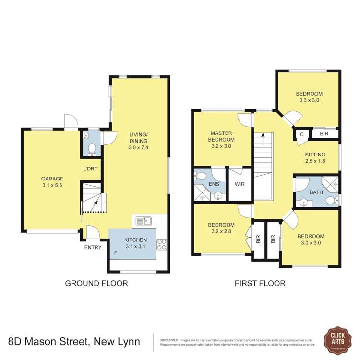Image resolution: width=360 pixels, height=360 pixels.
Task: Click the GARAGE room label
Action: tap(52, 179)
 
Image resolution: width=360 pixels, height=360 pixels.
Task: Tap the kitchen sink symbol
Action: tap(144, 221)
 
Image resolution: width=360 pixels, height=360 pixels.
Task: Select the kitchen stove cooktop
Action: tap(162, 244)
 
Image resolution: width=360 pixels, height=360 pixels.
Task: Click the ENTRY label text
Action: tap(93, 248)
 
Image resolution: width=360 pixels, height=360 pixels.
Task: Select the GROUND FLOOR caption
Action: tap(96, 283)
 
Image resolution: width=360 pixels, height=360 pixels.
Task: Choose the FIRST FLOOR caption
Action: tap(260, 283)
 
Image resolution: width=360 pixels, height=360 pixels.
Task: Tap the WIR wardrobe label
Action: tap(240, 184)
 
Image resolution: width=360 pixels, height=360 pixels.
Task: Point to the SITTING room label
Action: tap(315, 154)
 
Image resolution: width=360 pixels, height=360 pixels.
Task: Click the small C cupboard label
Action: tap(301, 134)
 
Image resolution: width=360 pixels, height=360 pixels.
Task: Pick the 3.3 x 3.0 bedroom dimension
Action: tap(309, 101)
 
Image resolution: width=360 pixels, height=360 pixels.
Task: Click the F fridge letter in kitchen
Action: tap(115, 253)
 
